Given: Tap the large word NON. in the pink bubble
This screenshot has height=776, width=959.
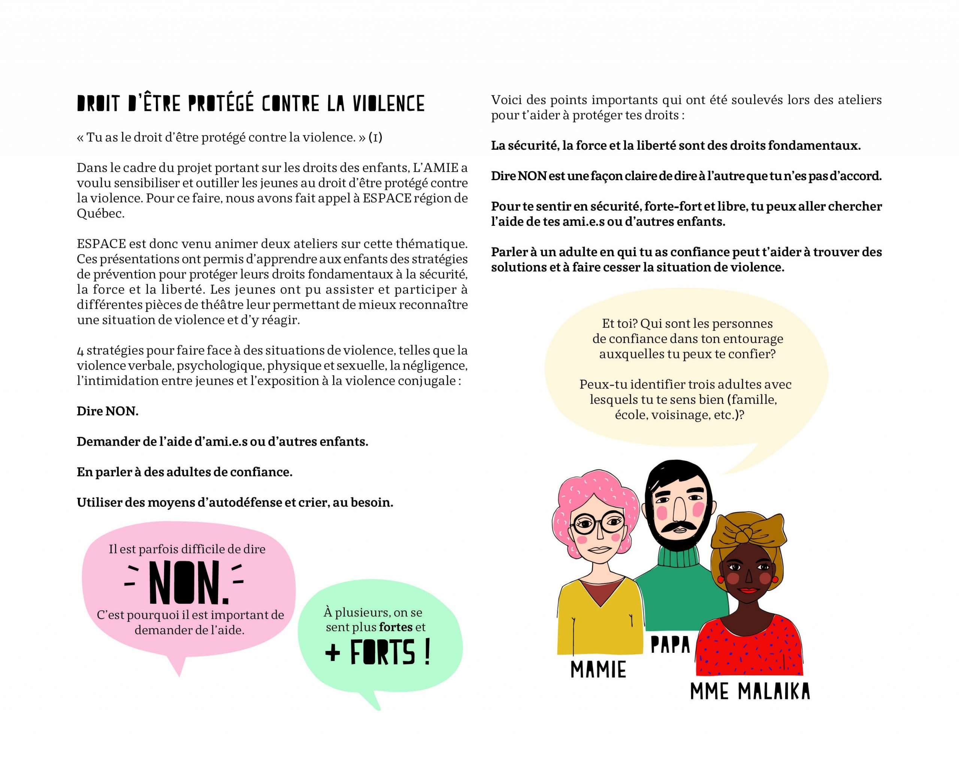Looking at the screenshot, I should coord(188,582).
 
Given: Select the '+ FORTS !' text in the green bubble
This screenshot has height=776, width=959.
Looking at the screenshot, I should coord(378,653).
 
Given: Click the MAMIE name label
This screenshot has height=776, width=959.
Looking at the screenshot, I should coord(598,670).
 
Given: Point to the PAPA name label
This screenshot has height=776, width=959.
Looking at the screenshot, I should coord(670,645).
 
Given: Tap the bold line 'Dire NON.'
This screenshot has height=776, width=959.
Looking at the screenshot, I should coord(107,411).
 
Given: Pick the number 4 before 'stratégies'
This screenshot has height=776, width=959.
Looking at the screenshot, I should coord(81,351).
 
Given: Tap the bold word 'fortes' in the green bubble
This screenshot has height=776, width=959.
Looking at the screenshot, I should coord(395,627).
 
